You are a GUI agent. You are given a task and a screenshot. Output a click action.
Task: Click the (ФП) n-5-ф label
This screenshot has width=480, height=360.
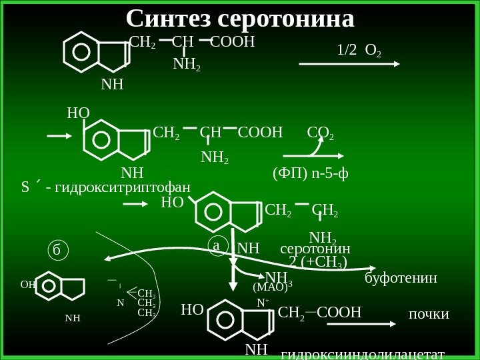click(x=311, y=175)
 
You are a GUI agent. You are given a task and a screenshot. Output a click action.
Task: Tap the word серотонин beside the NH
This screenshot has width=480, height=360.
click(x=315, y=249)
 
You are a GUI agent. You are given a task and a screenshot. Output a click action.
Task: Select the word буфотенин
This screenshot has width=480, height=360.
click(x=401, y=277)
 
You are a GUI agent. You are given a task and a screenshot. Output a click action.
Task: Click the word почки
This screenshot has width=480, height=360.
click(x=428, y=313)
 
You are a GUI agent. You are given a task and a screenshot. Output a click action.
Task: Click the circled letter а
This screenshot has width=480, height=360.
click(x=217, y=245)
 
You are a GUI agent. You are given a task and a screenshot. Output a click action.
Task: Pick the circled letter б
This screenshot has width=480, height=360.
click(x=57, y=251)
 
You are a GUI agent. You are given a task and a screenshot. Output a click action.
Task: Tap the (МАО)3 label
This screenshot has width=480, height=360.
click(x=273, y=288)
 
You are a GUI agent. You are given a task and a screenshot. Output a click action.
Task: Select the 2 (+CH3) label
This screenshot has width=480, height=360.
click(x=319, y=262)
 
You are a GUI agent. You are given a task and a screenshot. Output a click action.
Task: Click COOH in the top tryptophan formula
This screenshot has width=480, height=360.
click(x=233, y=43)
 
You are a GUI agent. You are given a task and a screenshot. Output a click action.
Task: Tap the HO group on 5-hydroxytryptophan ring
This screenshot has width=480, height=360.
click(x=78, y=113)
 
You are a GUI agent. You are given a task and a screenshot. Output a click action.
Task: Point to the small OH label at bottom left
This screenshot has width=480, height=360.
click(x=27, y=283)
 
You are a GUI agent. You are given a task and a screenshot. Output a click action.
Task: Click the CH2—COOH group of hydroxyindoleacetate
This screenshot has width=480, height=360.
click(x=319, y=313)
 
